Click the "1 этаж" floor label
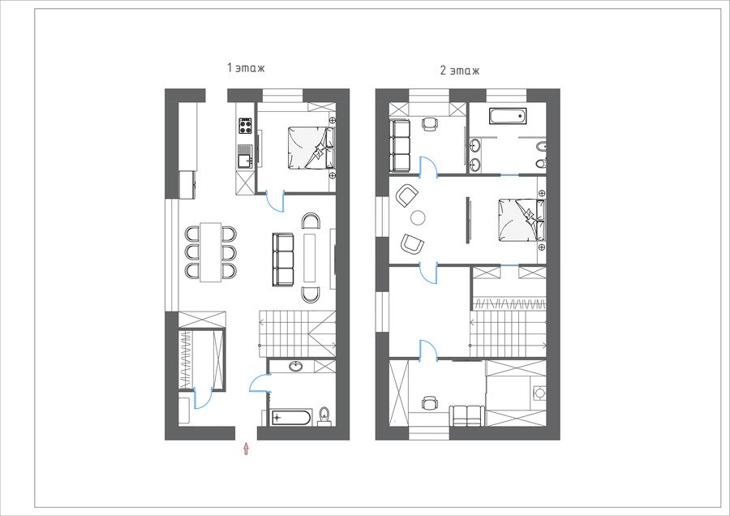click(x=246, y=68)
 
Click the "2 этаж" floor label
click(x=460, y=71)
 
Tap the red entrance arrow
click(x=246, y=449)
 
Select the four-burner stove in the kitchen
click(x=246, y=126)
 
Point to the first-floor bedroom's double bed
click(x=311, y=148)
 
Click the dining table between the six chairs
click(x=210, y=252)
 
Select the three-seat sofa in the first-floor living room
click(x=283, y=260)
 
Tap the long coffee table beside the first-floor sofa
click(x=310, y=258)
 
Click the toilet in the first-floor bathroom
click(x=324, y=415)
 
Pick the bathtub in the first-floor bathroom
click(x=290, y=418)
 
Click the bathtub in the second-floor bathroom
click(x=508, y=116)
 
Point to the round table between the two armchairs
click(x=418, y=217)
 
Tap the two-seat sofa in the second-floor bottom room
click(x=467, y=415)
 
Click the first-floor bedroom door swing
click(x=275, y=201)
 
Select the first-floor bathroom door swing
click(x=260, y=383)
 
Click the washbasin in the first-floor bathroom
click(x=295, y=366)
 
